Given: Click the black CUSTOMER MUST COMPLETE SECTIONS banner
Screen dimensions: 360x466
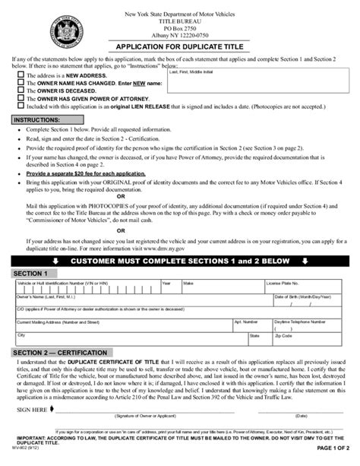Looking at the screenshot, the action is pos(180,261).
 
